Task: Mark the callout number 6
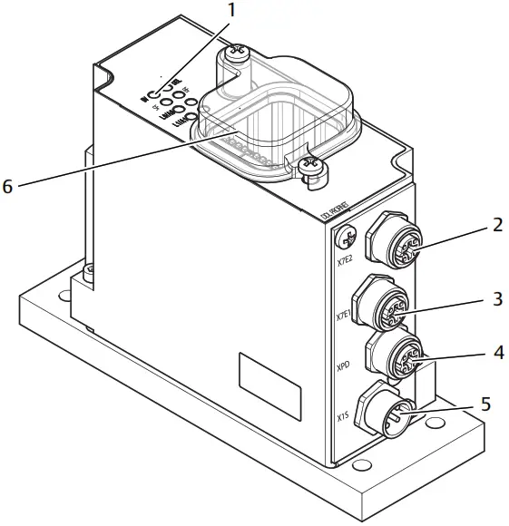tap(8, 186)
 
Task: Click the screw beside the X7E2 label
tap(345, 238)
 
